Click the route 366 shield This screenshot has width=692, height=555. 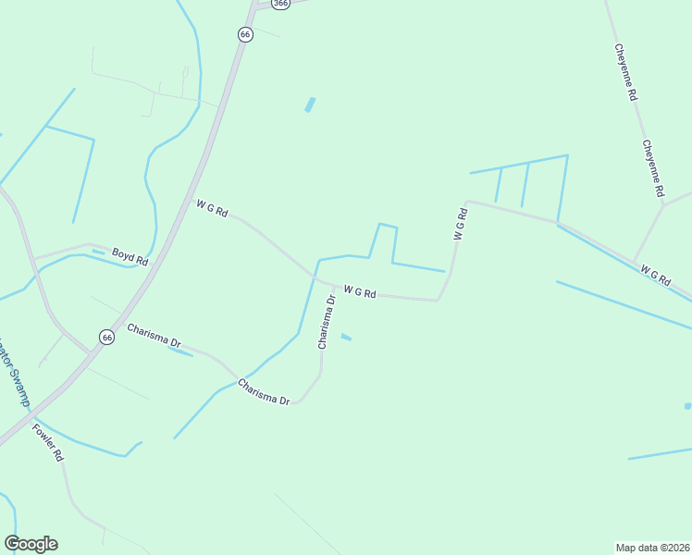coord(281,4)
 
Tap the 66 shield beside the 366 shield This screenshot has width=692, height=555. coord(244,34)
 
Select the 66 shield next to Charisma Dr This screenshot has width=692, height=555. coord(107,338)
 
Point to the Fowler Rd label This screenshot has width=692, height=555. coord(47,442)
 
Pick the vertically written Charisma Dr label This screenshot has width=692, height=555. coord(326,322)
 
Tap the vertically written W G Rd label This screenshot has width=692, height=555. coord(460,224)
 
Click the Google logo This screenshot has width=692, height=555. coord(31,544)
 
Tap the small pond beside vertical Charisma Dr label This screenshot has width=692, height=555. coord(346,337)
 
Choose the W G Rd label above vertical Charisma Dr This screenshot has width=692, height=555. coord(360,292)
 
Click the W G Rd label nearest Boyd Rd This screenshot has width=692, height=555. coord(212,209)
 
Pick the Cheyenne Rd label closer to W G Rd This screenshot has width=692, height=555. coord(653,167)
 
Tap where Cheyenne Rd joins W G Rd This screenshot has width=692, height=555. coord(635,261)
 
